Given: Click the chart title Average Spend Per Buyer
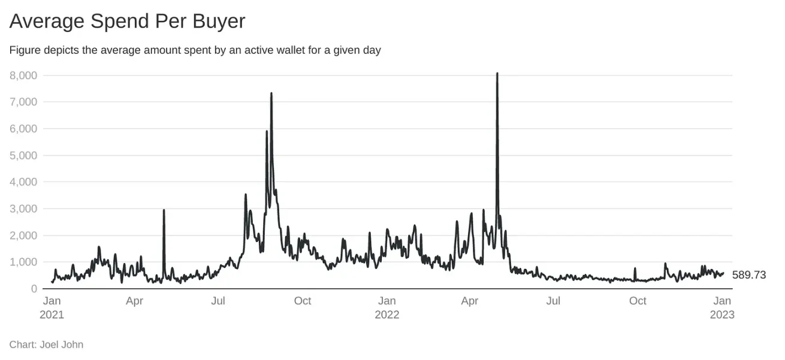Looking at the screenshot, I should tap(127, 22).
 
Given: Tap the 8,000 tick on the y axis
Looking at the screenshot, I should tap(23, 75).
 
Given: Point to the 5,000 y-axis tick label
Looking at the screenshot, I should tap(23, 155).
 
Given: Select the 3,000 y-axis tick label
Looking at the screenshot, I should tap(23, 208).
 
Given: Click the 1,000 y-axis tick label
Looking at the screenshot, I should tap(23, 262).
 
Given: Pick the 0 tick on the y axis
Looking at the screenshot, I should tap(34, 289).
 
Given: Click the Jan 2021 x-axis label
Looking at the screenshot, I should tap(52, 307).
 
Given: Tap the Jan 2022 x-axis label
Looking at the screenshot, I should tap(387, 307).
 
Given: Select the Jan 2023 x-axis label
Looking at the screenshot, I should tap(722, 307).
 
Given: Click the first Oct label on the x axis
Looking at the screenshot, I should tap(303, 301).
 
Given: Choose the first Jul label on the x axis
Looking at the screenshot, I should tap(218, 301).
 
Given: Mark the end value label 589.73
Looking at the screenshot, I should tap(749, 275).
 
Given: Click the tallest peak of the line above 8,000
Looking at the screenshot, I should tap(497, 74).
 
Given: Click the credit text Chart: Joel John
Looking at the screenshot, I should tap(46, 344).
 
